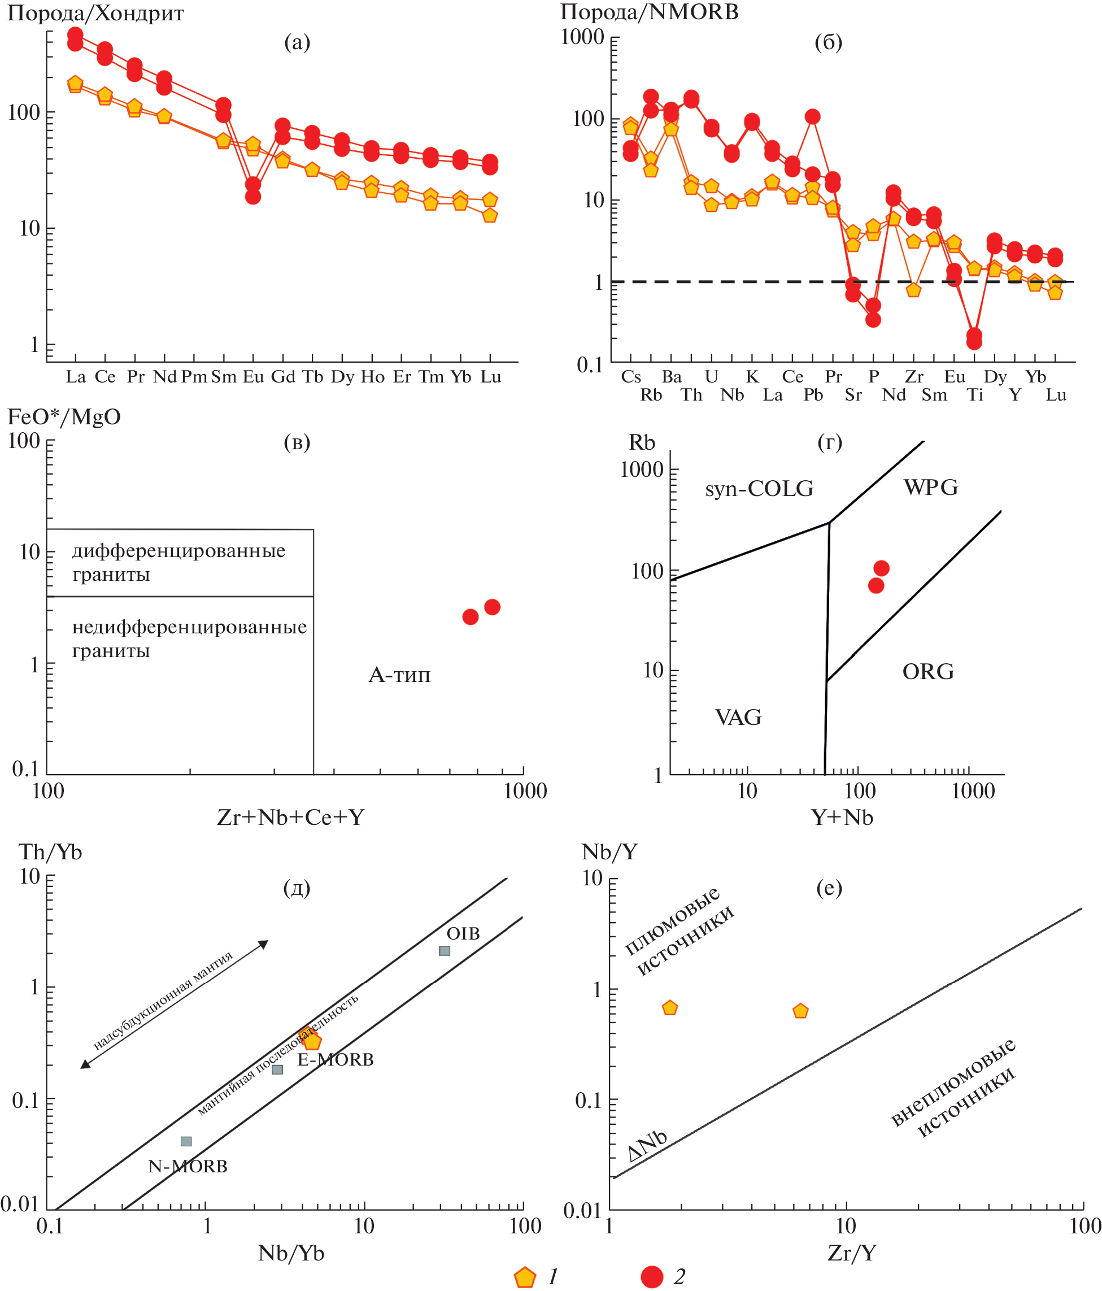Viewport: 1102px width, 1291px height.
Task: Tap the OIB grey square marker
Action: (444, 951)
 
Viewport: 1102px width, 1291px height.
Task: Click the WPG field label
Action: (931, 486)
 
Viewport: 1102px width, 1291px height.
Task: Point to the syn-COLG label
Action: (759, 489)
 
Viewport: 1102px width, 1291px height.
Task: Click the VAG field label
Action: (738, 717)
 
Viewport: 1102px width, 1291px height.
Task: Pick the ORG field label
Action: (927, 672)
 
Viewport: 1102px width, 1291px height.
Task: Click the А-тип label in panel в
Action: (399, 675)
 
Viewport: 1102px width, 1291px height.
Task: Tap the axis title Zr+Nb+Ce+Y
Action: (290, 817)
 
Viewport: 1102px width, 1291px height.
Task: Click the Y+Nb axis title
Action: (842, 817)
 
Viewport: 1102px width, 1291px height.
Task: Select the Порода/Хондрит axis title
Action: (95, 14)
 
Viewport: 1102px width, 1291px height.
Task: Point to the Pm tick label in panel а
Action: (194, 377)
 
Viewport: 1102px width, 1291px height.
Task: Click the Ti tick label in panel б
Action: (974, 395)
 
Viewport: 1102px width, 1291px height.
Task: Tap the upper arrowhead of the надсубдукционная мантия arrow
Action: (264, 944)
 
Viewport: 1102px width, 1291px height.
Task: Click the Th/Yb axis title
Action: (50, 852)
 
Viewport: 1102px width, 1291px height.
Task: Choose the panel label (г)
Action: (829, 442)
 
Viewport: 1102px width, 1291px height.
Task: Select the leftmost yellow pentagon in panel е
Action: (670, 1007)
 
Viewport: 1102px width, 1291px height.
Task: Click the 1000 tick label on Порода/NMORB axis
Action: (582, 37)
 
